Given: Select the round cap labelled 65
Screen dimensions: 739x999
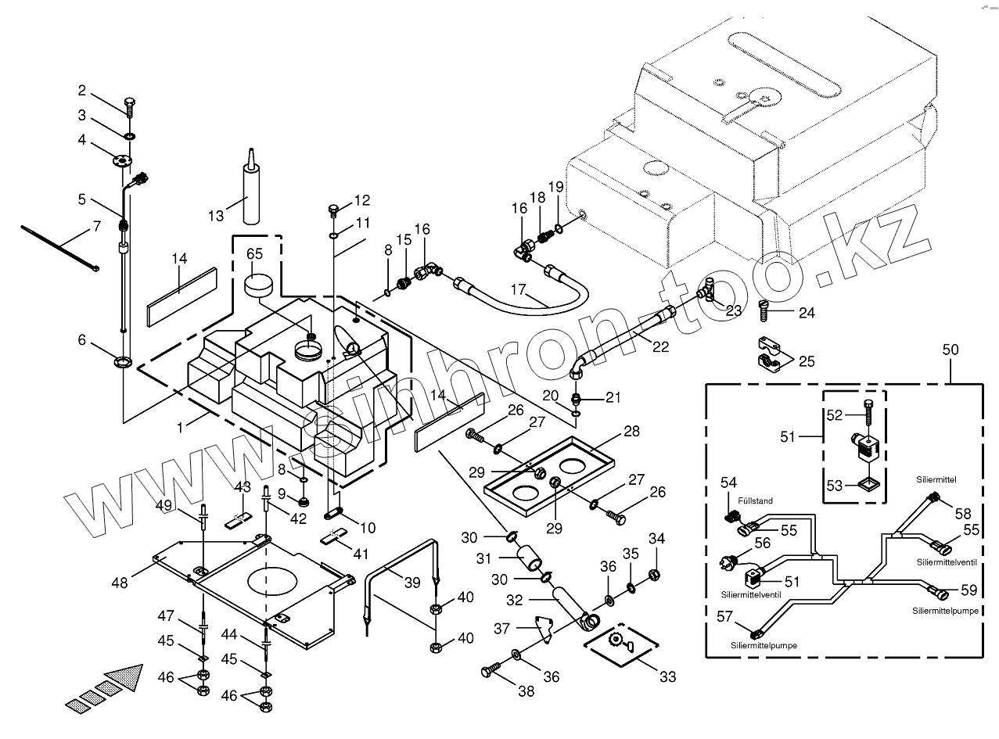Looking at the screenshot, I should tap(260, 285).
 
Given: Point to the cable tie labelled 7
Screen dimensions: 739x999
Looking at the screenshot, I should tap(59, 246).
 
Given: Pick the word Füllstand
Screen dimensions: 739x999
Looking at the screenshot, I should tap(755, 500).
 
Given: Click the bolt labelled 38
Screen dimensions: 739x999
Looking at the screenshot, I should tap(491, 670).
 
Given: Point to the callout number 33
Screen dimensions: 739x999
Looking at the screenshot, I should tap(667, 676).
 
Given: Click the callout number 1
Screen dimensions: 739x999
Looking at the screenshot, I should tap(181, 428).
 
